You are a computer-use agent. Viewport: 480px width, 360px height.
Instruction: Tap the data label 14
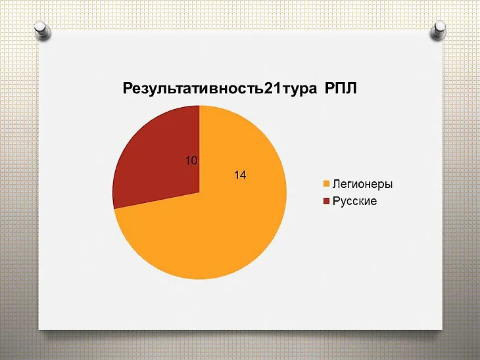click(x=240, y=175)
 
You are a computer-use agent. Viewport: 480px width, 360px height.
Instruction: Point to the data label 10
click(x=191, y=160)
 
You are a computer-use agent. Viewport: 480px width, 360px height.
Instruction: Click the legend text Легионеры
click(x=362, y=184)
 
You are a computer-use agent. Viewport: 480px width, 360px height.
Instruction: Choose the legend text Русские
click(x=354, y=201)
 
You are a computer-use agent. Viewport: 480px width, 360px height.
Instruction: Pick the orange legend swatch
click(x=326, y=184)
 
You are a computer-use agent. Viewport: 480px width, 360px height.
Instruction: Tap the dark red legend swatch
click(x=326, y=201)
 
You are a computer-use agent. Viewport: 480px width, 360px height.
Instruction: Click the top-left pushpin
click(x=42, y=31)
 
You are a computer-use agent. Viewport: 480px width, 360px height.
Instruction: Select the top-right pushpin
click(x=438, y=31)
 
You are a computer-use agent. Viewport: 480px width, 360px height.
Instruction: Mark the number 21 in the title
click(x=272, y=89)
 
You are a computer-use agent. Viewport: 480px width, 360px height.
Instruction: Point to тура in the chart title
click(x=299, y=90)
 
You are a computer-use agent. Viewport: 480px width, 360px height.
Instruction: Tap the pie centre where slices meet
click(x=199, y=192)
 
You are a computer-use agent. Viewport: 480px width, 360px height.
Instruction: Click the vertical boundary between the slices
click(x=199, y=149)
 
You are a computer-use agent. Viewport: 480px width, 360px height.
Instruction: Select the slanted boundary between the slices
click(x=156, y=200)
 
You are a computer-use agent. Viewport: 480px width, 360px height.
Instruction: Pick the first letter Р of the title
click(x=127, y=89)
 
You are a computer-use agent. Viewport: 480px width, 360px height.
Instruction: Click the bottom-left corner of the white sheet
click(x=38, y=329)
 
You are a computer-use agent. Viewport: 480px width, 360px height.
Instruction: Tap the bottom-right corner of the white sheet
click(x=443, y=330)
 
